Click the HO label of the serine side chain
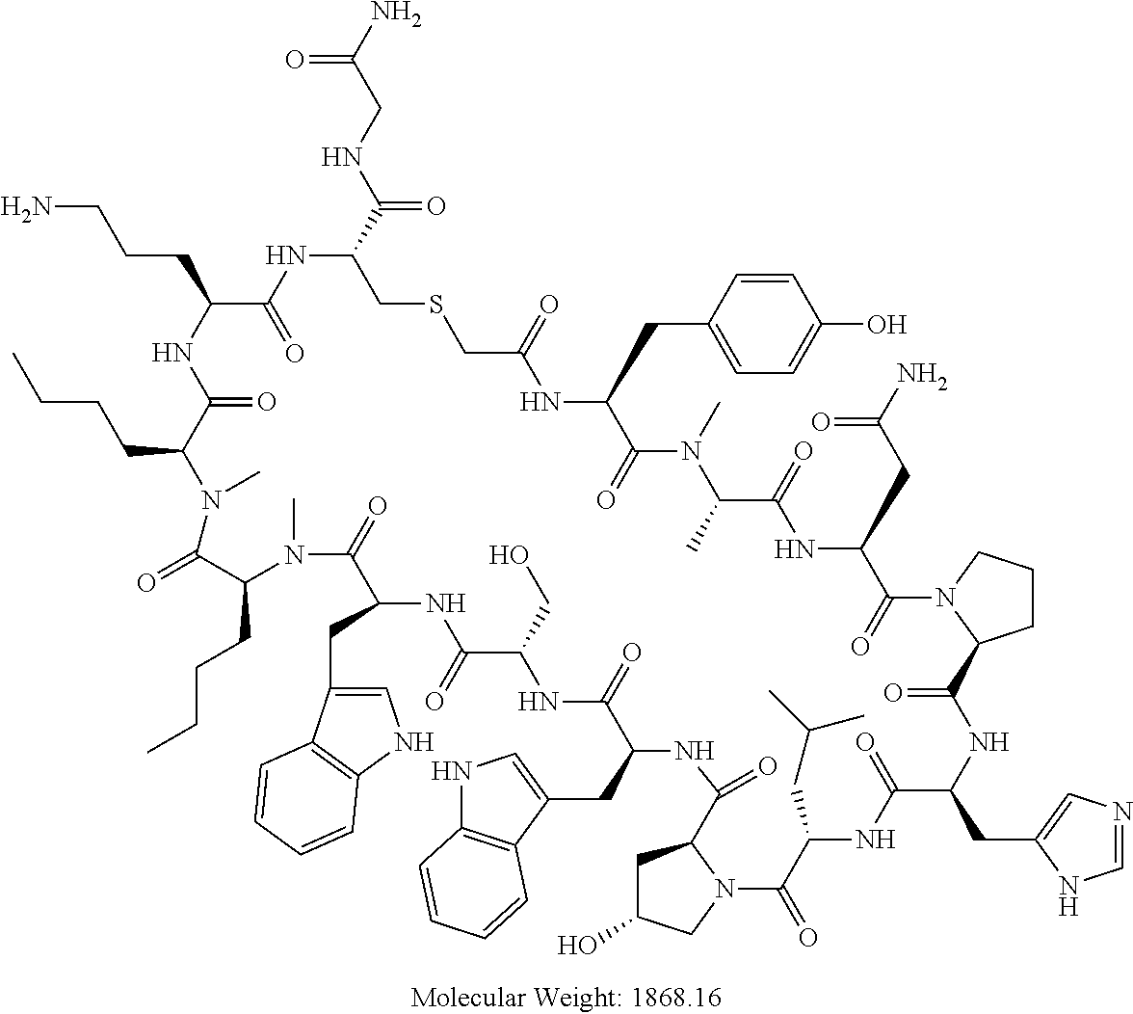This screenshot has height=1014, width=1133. pyautogui.click(x=508, y=556)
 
